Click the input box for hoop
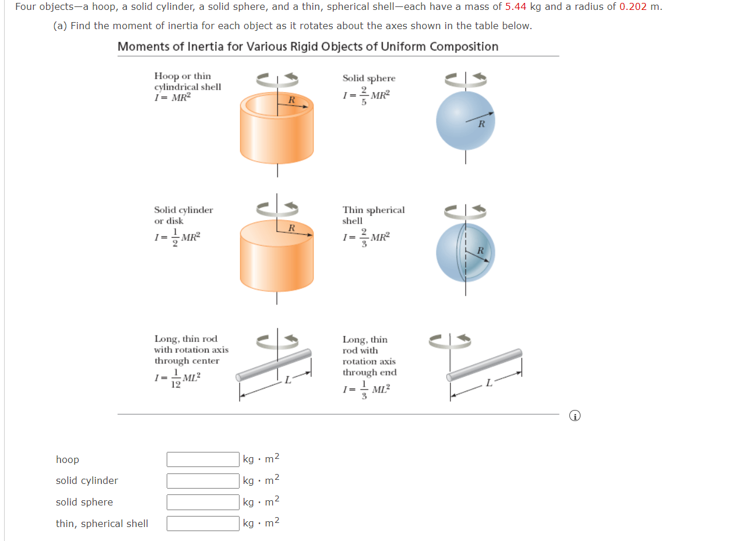[x=203, y=459]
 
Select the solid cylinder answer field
[x=203, y=481]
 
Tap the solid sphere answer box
[x=203, y=502]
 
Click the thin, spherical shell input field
[x=203, y=524]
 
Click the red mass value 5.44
[x=516, y=7]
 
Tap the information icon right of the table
[x=575, y=416]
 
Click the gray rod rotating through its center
[x=274, y=364]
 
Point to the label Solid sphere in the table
[x=368, y=78]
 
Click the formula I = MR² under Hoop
[x=172, y=97]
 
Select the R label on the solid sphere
[x=481, y=124]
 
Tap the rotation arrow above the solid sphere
[x=465, y=78]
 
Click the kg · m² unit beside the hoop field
[x=261, y=459]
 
